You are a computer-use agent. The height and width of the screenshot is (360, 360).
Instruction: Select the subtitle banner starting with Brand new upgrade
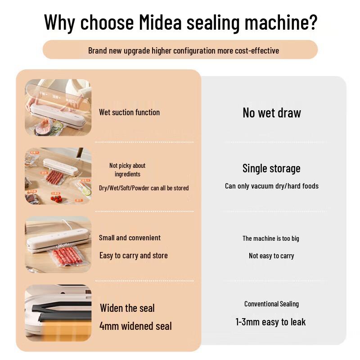[x=180, y=50]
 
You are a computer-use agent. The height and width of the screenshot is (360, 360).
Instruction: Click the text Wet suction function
[x=129, y=112]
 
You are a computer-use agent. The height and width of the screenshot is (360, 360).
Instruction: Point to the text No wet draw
[x=271, y=113]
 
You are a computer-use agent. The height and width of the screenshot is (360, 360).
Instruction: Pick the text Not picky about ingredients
[x=127, y=170]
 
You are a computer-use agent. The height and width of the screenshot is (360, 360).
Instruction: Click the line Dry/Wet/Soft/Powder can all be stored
[x=144, y=188]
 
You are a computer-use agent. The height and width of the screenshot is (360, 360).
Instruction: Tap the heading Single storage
[x=271, y=168]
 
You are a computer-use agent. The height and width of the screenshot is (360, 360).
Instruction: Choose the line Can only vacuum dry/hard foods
[x=271, y=186]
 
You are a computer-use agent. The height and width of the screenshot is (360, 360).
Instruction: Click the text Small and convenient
[x=130, y=238]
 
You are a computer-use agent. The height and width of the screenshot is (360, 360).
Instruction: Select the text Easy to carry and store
[x=133, y=256]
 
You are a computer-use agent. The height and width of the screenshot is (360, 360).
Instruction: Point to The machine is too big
[x=270, y=238]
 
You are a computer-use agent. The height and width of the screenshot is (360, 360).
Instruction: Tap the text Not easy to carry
[x=271, y=256]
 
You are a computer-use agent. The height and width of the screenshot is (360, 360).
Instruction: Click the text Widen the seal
[x=127, y=308]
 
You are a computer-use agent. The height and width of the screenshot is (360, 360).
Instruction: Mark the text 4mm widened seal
[x=135, y=326]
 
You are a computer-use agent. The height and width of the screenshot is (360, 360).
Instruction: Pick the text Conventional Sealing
[x=271, y=304]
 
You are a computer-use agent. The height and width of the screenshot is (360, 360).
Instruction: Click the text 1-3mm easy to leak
[x=270, y=322]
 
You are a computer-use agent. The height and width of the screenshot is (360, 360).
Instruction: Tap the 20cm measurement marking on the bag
[x=63, y=246]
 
